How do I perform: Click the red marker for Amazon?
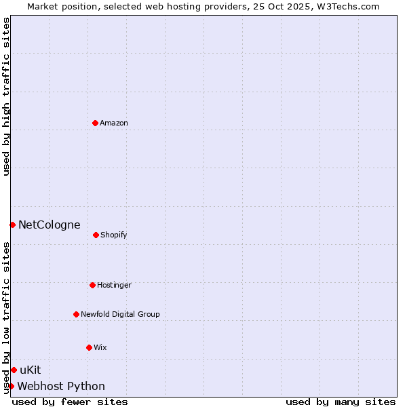click(x=95, y=123)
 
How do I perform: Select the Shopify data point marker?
click(x=96, y=235)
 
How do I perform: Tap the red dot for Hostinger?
click(x=92, y=285)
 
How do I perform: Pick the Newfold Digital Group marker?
click(x=76, y=314)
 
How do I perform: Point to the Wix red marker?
click(x=89, y=347)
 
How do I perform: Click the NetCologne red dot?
click(x=12, y=225)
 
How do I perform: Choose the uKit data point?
click(x=14, y=370)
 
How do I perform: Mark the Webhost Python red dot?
click(x=11, y=386)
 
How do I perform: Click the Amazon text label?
click(x=114, y=123)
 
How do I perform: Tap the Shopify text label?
click(x=114, y=235)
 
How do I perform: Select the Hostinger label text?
click(x=114, y=285)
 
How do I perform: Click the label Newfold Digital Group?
click(x=120, y=314)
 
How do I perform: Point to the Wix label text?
click(x=100, y=347)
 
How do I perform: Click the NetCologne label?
click(x=49, y=225)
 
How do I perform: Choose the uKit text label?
click(x=31, y=370)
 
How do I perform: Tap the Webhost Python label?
click(x=61, y=386)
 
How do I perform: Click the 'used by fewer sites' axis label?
click(x=70, y=402)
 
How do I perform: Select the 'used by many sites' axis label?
click(x=341, y=402)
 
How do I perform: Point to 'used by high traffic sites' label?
click(x=6, y=96)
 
